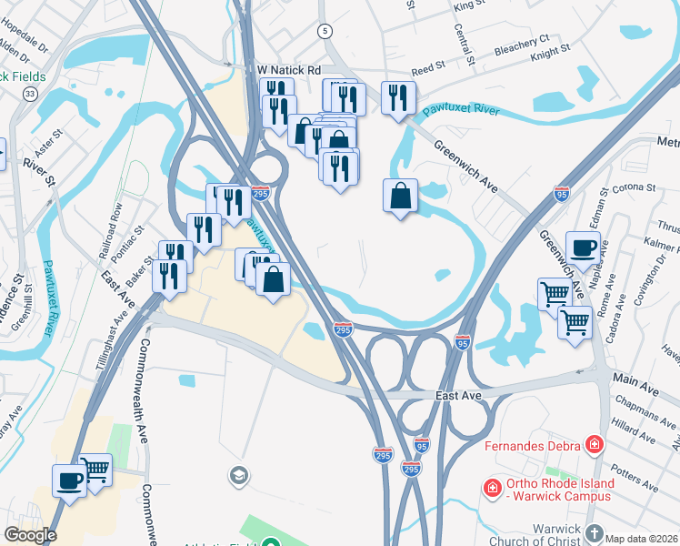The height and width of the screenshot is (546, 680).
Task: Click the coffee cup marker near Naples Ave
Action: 583,247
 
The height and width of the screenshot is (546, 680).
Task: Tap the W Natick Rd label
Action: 290,69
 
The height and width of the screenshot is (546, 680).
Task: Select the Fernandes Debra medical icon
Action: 595,444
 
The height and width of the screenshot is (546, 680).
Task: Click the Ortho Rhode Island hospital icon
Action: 492,487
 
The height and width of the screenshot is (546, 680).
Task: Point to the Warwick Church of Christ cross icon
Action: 594,533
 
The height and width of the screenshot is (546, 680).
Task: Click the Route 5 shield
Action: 325,31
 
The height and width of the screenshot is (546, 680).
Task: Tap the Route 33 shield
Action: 30,94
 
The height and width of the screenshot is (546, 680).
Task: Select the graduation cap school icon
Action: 238,475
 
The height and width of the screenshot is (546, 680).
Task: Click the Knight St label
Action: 550,54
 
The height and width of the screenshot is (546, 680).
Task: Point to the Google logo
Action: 30,535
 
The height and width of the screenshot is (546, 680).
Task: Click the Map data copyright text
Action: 642,538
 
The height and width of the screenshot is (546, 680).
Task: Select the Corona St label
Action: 635,188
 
